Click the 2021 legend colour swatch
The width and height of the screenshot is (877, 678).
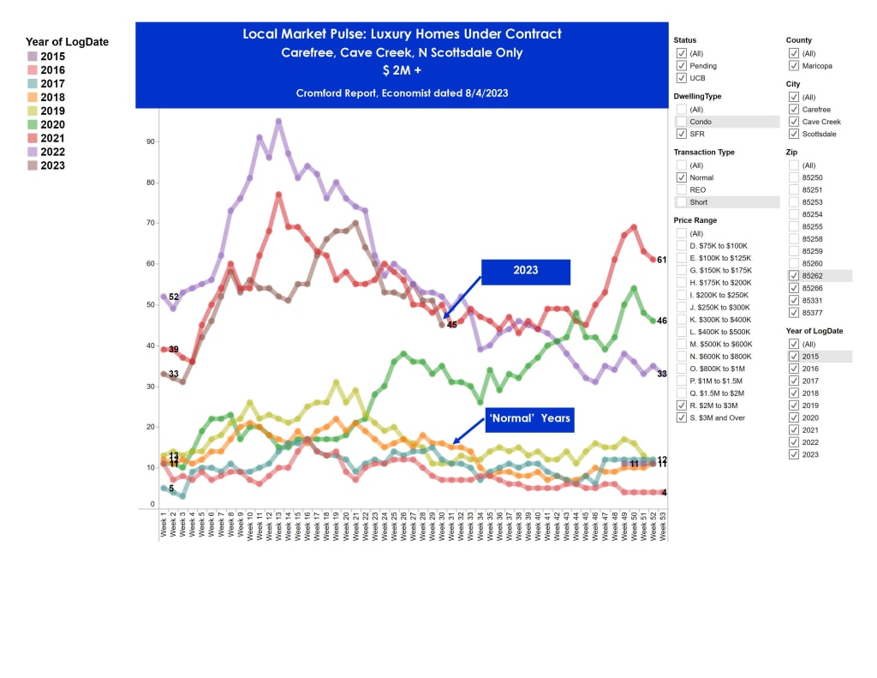33,138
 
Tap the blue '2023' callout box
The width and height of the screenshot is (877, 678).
525,270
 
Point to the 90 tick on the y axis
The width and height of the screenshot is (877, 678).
150,141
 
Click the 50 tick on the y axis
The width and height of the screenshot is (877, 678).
150,304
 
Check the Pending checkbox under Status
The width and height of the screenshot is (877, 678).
681,65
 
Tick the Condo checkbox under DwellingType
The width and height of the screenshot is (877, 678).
681,122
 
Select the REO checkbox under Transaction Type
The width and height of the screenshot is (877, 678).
681,189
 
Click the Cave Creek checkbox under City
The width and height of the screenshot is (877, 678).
794,122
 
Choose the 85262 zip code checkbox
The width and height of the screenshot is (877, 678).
794,276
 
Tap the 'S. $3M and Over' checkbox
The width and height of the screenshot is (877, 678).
681,417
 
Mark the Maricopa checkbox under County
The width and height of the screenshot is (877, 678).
794,65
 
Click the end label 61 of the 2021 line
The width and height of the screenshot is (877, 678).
662,260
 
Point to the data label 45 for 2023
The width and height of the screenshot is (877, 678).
451,325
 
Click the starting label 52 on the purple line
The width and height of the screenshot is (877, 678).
173,297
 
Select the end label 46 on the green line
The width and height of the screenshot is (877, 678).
662,321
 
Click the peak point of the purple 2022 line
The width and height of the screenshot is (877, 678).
278,121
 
